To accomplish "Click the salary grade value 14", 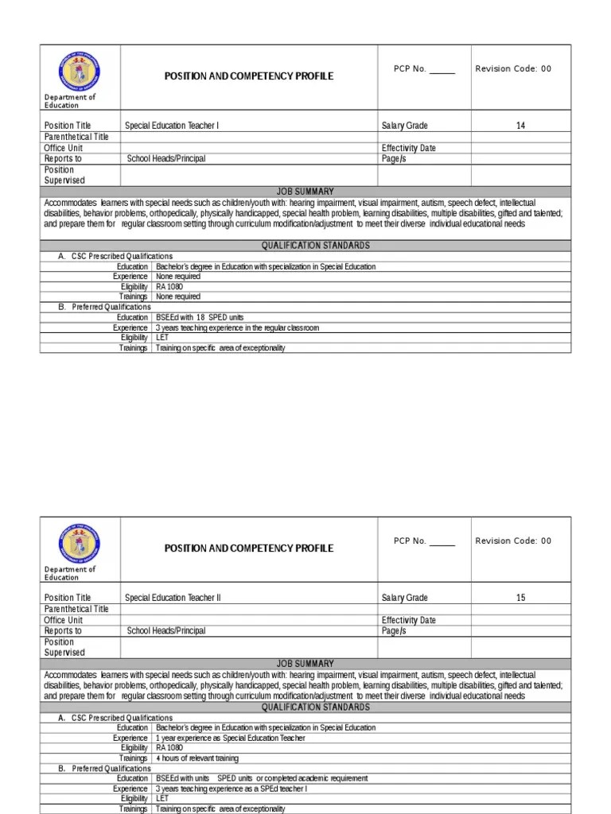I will pos(520,126).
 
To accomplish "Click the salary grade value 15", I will pos(520,598).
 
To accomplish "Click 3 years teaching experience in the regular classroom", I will pos(237,328).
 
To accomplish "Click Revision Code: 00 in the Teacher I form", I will pos(513,69).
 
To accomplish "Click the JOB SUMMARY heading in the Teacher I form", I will pos(305,192).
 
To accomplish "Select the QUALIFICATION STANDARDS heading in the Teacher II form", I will pos(305,707).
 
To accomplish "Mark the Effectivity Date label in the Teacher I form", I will pos(409,148).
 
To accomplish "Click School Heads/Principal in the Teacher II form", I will pos(165,631).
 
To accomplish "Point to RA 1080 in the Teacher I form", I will pos(169,286).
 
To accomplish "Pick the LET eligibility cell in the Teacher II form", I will pos(162,798).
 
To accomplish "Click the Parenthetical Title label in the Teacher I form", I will pos(76,137).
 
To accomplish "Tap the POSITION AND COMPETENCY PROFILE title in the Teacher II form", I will pos(248,548).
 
